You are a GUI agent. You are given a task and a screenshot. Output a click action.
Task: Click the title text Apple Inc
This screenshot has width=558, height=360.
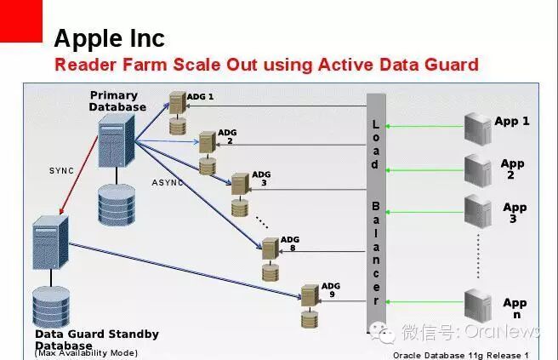pos(109,38)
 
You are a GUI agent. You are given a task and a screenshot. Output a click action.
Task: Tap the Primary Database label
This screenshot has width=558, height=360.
pos(117,101)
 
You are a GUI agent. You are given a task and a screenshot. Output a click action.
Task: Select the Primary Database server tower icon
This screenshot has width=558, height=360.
pos(115,142)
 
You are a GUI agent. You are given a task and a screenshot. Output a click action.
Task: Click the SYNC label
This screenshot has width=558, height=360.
pos(61,171)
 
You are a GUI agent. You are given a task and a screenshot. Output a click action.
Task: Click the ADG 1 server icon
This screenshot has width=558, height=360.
pos(178,104)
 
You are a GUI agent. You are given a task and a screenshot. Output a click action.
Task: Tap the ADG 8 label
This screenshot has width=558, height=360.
pos(290,244)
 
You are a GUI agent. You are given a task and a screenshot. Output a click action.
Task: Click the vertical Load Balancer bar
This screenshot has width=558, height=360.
pos(376,213)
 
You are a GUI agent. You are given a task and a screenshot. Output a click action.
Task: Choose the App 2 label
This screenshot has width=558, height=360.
pos(512,169)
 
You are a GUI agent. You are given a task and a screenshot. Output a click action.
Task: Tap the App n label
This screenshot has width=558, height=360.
pos(514,308)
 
